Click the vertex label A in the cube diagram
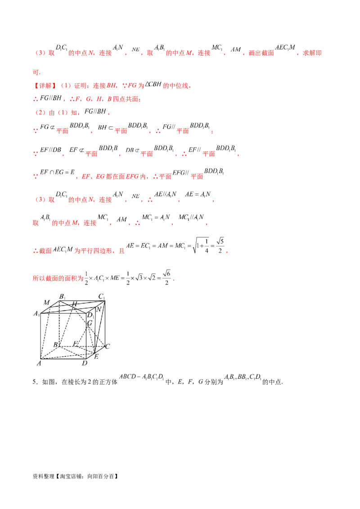coord(39,363)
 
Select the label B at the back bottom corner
coord(55,344)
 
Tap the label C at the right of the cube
coord(108,346)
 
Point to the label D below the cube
coord(85,363)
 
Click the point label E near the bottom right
coord(96,357)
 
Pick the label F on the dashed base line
coord(75,344)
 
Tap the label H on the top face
coord(74,304)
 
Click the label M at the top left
coord(46,302)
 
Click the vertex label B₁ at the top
coord(62,297)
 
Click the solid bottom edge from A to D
coord(63,358)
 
